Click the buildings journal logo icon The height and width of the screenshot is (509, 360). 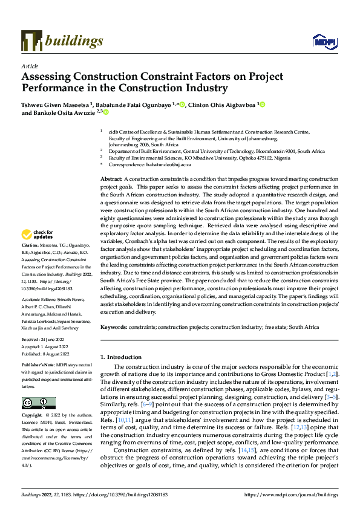[x=31, y=41]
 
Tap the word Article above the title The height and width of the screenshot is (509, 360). [x=29, y=65]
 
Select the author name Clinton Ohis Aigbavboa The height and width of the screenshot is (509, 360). [x=221, y=104]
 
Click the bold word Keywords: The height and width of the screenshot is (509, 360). [x=115, y=327]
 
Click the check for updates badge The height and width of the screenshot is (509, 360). [x=38, y=235]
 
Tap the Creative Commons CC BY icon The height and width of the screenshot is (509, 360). [x=39, y=403]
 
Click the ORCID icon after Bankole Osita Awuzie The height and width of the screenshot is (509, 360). [x=105, y=112]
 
